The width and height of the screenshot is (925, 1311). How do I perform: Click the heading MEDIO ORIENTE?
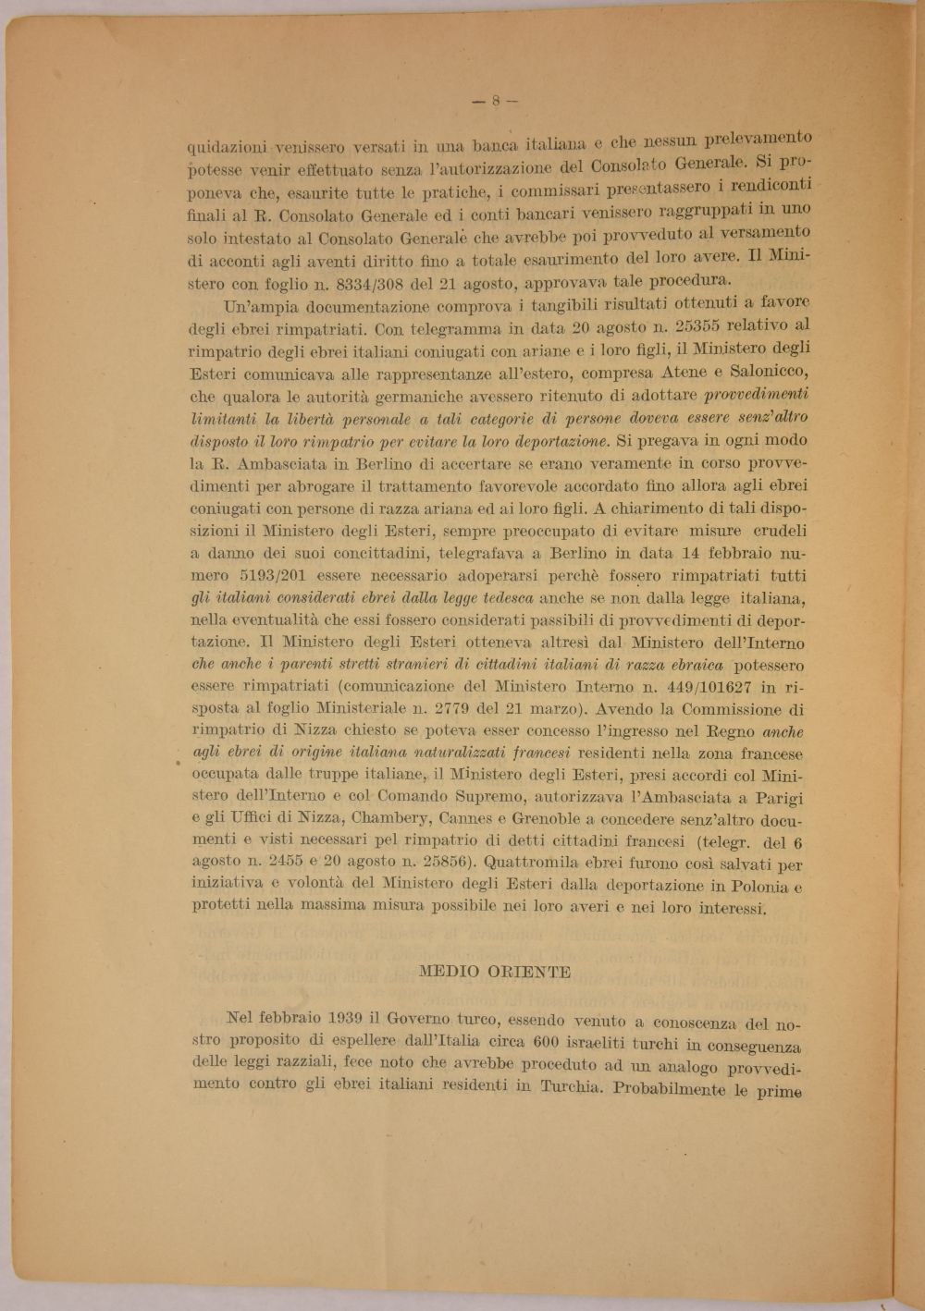coord(495,972)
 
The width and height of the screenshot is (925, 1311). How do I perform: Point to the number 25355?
coord(703,325)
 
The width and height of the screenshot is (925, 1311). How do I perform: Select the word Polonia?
coord(749,886)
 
